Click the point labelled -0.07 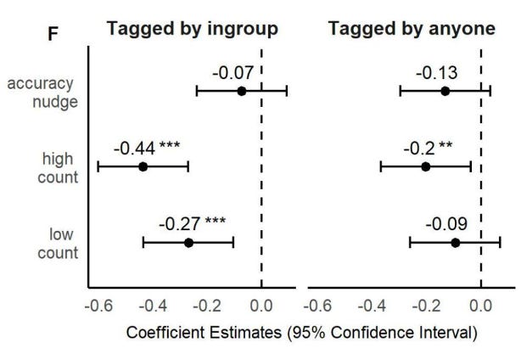242,91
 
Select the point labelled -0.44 143,166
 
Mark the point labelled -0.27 188,243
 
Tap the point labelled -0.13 445,90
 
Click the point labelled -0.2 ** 426,166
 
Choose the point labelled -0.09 455,243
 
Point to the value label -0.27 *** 192,224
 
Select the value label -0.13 438,71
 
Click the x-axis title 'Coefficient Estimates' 301,331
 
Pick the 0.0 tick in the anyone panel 481,306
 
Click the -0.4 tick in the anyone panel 372,306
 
